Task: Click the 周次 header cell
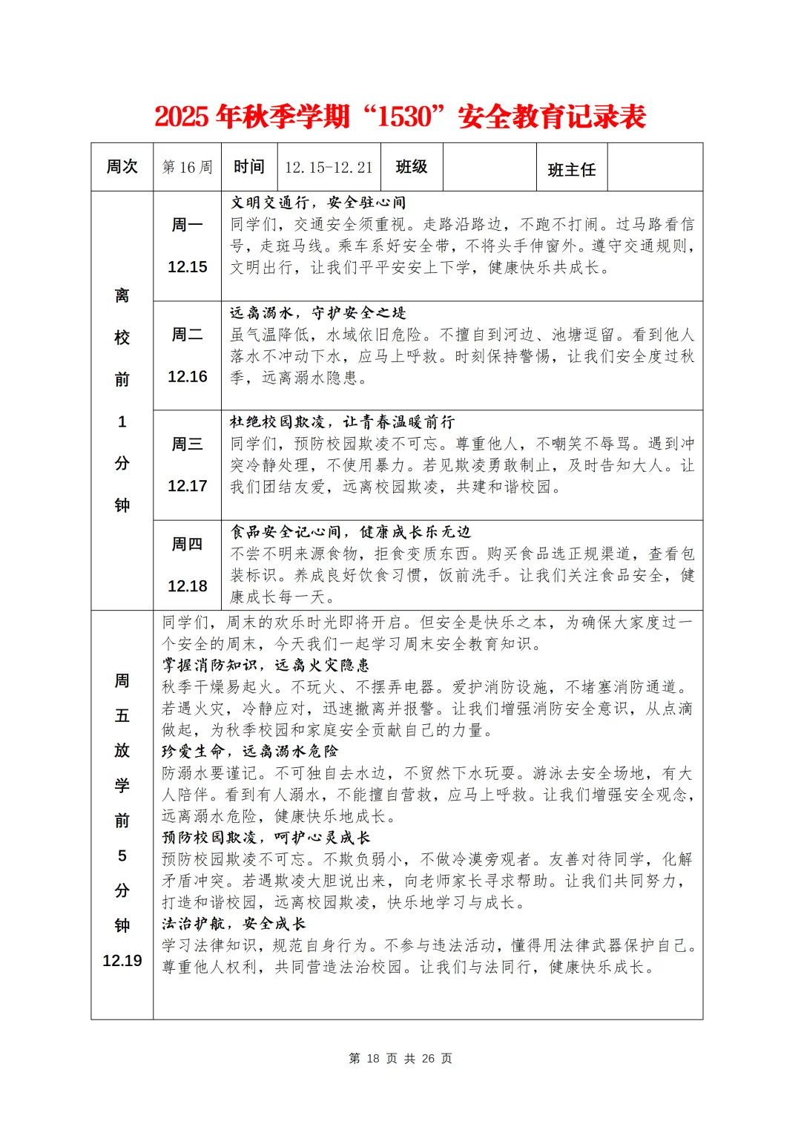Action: click(x=122, y=167)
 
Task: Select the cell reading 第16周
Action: click(x=187, y=168)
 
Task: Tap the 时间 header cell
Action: click(x=248, y=167)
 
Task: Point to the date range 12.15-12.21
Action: click(x=329, y=168)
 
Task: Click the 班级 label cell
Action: click(x=412, y=167)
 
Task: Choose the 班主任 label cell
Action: click(x=571, y=170)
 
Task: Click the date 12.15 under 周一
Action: click(x=187, y=267)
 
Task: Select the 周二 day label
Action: click(x=187, y=335)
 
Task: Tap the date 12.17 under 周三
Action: click(x=187, y=486)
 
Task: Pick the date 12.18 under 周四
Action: click(x=187, y=586)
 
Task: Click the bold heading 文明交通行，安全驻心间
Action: click(x=317, y=203)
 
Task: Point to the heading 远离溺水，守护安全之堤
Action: click(x=317, y=313)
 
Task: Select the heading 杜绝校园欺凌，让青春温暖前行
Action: click(x=342, y=422)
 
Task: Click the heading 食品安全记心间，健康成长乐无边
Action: click(x=350, y=532)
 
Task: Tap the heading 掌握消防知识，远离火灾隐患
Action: click(x=266, y=666)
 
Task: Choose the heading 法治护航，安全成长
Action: click(x=234, y=924)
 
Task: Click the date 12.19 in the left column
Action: click(x=122, y=961)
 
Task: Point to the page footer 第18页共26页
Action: click(x=400, y=1058)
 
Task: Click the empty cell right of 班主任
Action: click(x=654, y=168)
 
